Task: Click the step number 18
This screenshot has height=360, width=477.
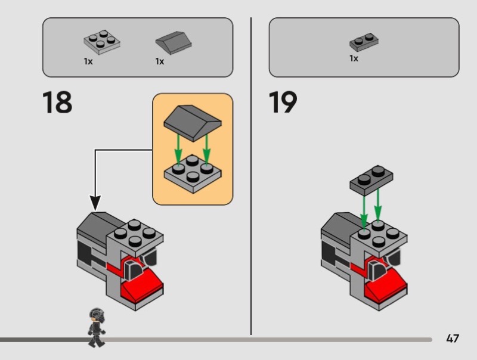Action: (x=57, y=103)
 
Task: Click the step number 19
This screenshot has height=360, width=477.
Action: (x=283, y=103)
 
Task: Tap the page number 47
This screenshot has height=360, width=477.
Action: (x=453, y=339)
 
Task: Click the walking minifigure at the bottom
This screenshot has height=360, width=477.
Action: (x=95, y=327)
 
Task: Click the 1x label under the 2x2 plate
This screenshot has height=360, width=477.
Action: (x=88, y=61)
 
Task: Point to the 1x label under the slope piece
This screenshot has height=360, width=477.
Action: (x=159, y=61)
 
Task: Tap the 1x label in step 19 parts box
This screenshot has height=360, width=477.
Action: (x=354, y=58)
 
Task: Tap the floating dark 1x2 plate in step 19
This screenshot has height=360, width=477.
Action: (x=371, y=179)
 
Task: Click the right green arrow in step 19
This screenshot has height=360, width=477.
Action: (x=377, y=209)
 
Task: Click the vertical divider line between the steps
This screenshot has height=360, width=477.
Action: (x=251, y=179)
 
